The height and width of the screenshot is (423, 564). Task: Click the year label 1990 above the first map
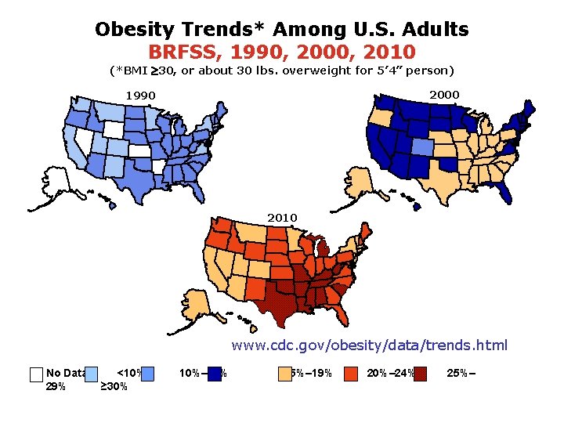[142, 96]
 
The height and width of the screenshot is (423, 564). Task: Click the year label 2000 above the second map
[444, 94]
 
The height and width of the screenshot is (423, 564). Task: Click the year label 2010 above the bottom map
[282, 217]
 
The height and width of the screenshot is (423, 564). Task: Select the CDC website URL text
[369, 345]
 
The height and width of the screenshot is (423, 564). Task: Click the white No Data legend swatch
[35, 374]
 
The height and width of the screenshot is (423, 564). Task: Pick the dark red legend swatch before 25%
[421, 374]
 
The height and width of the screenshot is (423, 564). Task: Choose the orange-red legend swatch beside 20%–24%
[352, 374]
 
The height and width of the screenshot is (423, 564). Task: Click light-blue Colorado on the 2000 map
[420, 146]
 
